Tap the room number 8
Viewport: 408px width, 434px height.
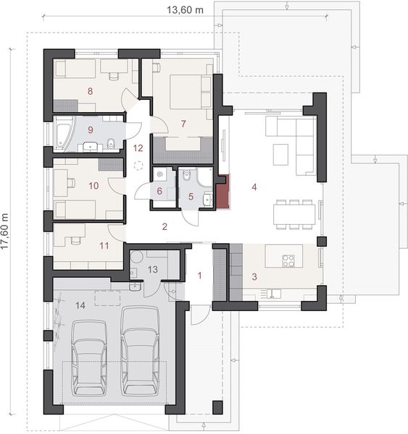[90, 91]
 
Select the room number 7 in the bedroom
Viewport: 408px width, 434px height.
[184, 123]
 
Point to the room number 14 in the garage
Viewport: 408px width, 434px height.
[80, 305]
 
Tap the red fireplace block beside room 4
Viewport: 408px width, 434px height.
[222, 192]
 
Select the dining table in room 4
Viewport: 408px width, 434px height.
[295, 214]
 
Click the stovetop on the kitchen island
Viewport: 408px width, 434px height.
[288, 260]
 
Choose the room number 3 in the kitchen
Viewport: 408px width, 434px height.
[254, 276]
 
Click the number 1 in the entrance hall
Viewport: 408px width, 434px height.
[201, 276]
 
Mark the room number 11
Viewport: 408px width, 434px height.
[104, 245]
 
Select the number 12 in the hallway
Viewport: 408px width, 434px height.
[138, 148]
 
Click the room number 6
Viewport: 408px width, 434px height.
[160, 191]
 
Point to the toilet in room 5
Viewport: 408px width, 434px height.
[188, 174]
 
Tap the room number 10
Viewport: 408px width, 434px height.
[93, 186]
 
